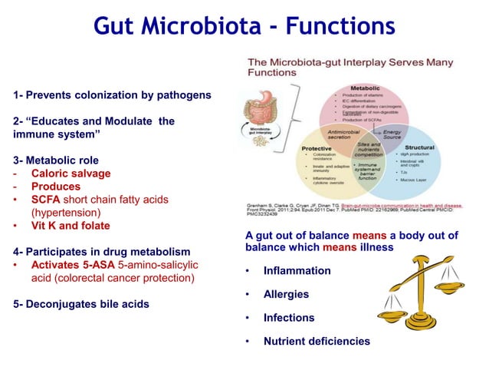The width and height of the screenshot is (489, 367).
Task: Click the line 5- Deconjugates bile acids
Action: coord(81,303)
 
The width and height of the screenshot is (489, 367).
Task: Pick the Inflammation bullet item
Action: coord(297,271)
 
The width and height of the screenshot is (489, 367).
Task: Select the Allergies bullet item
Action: coord(286,294)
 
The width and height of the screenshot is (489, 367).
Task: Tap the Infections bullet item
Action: coord(288,317)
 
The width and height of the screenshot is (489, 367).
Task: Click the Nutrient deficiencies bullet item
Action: coord(316,341)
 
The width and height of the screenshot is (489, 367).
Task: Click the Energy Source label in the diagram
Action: coord(392,135)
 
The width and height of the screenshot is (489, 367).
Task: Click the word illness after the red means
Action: coord(375,248)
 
